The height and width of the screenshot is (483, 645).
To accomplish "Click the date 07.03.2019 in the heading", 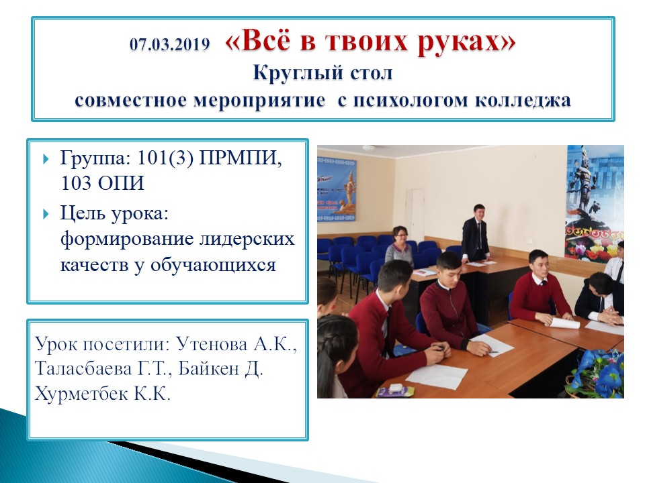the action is click(x=169, y=44).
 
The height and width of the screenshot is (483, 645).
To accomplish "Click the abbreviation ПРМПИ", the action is click(x=241, y=158).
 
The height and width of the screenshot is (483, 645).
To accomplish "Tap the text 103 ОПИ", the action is click(x=102, y=183).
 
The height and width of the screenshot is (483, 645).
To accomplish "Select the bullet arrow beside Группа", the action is click(x=46, y=159).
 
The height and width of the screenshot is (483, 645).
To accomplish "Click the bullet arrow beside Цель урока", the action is click(x=46, y=214).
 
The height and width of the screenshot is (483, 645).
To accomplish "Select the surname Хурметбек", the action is click(x=81, y=394).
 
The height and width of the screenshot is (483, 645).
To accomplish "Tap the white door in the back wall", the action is click(x=415, y=215).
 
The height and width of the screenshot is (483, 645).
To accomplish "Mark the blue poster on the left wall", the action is click(x=336, y=190).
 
